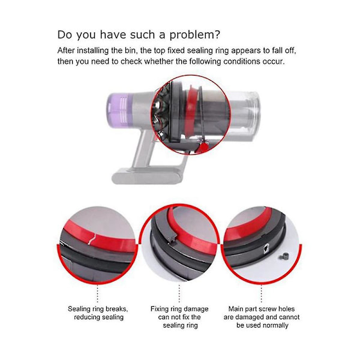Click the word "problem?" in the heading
tap(194, 35)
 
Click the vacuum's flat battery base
tap(146, 176)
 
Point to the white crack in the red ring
tap(93, 239)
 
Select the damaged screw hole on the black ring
tap(266, 248)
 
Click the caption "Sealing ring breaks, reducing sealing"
tap(98, 313)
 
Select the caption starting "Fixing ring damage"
tap(179, 317)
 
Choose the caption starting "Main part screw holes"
tap(262, 317)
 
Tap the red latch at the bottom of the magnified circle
tap(203, 148)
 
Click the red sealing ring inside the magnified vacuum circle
tap(190, 110)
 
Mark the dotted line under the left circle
tap(98, 293)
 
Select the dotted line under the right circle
tap(261, 293)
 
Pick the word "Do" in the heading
tap(65, 35)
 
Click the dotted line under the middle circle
tap(179, 293)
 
